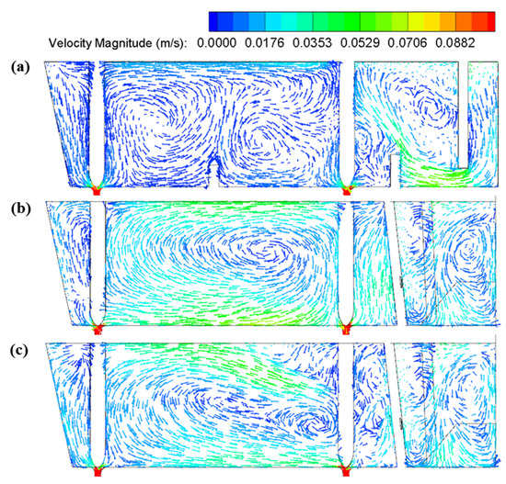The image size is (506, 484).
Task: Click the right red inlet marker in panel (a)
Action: coord(347,189)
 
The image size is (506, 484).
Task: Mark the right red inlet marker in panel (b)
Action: coord(346,326)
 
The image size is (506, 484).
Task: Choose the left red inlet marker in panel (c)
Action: coord(98,471)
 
